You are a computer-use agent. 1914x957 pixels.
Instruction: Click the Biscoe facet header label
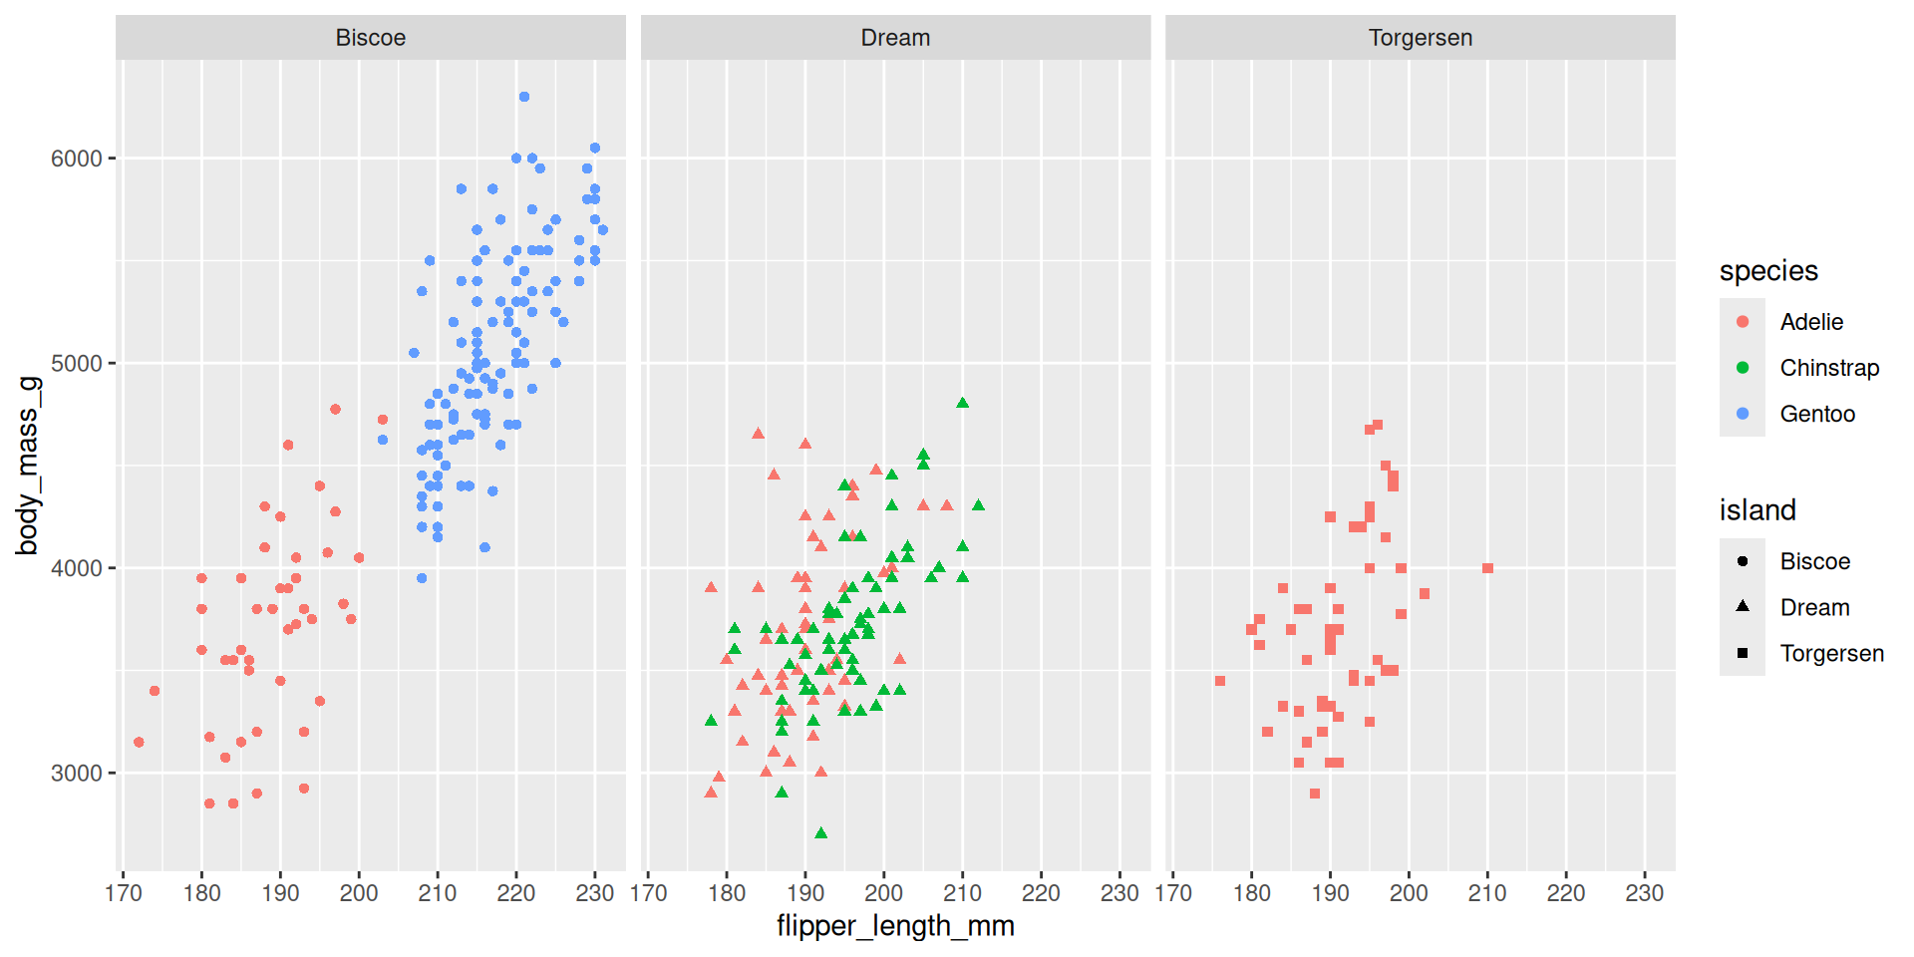[x=370, y=38]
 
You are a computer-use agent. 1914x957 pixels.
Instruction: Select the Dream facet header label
[x=895, y=38]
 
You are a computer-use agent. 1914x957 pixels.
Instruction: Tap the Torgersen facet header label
[x=1420, y=38]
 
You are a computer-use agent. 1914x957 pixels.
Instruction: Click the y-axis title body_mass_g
[x=27, y=466]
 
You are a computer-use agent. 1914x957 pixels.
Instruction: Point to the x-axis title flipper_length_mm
[x=895, y=926]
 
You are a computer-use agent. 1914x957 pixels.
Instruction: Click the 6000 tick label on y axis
[x=77, y=159]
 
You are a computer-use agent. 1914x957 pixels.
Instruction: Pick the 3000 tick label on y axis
[x=77, y=774]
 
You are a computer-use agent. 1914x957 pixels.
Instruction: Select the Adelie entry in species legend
[x=1811, y=322]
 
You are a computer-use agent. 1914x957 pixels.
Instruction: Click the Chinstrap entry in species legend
[x=1829, y=368]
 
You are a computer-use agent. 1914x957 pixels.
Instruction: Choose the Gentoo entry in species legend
[x=1817, y=414]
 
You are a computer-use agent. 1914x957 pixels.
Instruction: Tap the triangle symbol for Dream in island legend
[x=1743, y=606]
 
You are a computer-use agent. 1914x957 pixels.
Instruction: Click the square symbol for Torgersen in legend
[x=1743, y=653]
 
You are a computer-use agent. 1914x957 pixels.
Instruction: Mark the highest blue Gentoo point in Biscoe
[x=524, y=97]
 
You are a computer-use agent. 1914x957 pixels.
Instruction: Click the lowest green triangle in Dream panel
[x=820, y=832]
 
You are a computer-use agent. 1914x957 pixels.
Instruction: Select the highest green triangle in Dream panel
[x=962, y=403]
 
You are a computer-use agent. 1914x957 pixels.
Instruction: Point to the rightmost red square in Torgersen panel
[x=1487, y=568]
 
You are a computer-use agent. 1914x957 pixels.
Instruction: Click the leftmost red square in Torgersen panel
[x=1220, y=681]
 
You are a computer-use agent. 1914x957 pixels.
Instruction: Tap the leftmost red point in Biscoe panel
[x=139, y=742]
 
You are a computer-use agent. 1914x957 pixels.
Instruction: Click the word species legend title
[x=1768, y=271]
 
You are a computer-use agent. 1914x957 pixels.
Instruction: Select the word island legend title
[x=1757, y=510]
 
